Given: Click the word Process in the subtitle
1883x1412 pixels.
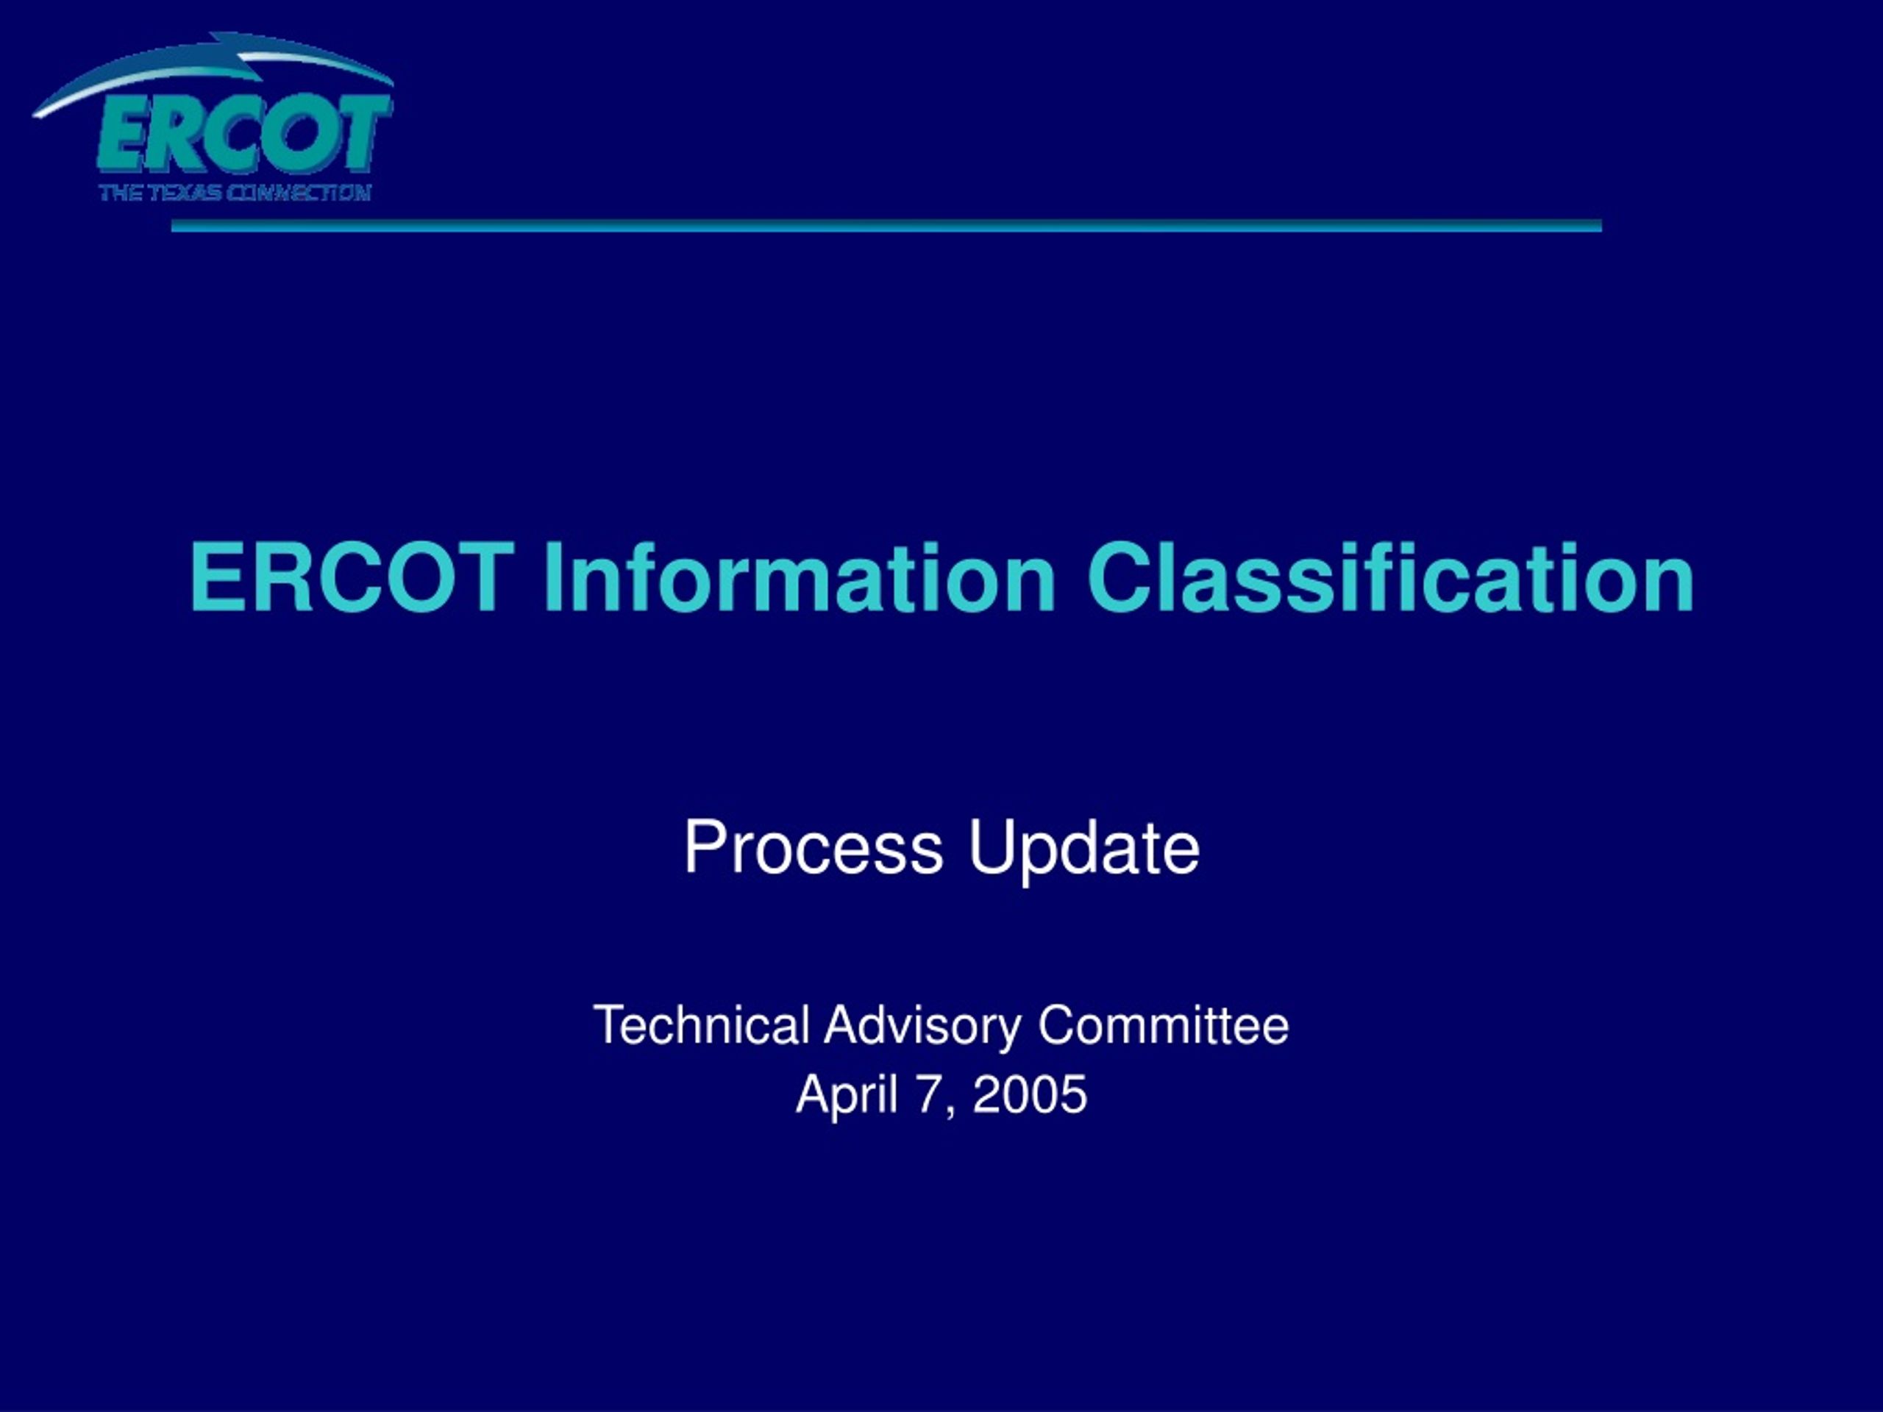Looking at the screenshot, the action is pos(814,848).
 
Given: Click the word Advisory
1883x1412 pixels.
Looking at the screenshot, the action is pos(923,1028).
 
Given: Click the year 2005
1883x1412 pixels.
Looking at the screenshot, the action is pos(1030,1094).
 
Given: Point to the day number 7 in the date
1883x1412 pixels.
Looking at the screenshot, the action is pos(927,1094).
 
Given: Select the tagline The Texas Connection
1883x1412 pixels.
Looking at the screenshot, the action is pos(235,193).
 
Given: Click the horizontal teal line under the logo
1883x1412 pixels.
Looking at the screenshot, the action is pos(886,226).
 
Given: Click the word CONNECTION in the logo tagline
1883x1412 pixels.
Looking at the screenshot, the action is pos(299,193).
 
